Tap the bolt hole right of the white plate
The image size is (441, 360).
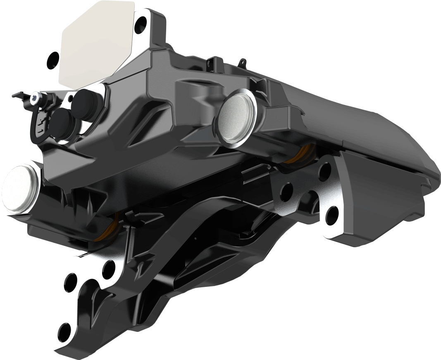click(141, 22)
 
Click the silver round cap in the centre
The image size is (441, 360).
click(235, 117)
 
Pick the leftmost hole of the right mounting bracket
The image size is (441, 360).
click(286, 190)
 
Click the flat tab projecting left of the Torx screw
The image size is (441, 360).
click(17, 95)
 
